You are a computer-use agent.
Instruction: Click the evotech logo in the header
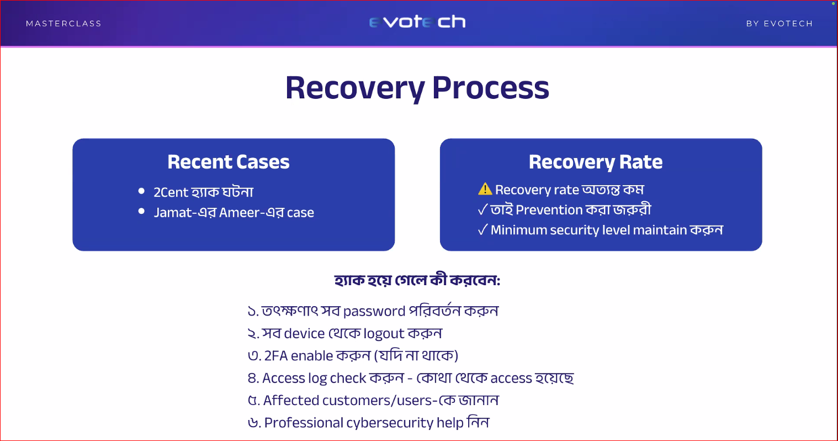(417, 22)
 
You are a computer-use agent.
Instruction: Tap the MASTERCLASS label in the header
(63, 24)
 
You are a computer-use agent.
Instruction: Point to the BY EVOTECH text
(779, 24)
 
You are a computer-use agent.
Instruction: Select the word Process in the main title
(490, 88)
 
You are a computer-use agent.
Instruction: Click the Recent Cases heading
(229, 162)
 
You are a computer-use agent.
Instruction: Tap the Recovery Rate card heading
(596, 162)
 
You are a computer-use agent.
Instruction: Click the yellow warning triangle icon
(485, 189)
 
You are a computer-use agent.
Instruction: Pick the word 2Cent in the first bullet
(171, 192)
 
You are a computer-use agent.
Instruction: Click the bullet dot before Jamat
(141, 211)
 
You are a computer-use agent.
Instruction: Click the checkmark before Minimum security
(483, 229)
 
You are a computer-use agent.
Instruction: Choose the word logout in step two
(384, 334)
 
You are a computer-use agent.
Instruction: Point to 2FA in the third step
(275, 356)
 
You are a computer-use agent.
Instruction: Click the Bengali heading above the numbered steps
(417, 280)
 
